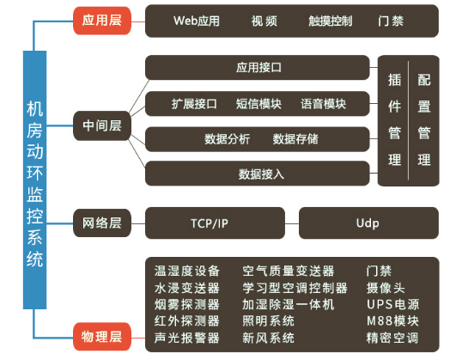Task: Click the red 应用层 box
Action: tap(102, 21)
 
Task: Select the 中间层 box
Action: tap(102, 125)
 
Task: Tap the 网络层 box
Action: tap(102, 223)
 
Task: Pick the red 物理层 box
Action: tap(102, 337)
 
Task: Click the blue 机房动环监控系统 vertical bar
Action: tap(34, 180)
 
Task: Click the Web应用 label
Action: tap(197, 21)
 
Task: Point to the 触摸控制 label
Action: tap(331, 21)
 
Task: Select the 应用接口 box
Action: tap(258, 68)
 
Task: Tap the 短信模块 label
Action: tap(258, 104)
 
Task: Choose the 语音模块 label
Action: tap(324, 104)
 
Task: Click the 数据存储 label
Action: tap(295, 139)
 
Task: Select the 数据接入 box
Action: tap(258, 174)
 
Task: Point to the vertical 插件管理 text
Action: tap(395, 120)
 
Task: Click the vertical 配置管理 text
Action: tap(424, 120)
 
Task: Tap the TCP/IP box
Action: tap(216, 223)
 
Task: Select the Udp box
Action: tap(368, 223)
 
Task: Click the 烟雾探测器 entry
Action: tap(187, 305)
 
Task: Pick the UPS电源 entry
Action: tap(392, 305)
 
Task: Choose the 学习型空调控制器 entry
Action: tap(295, 288)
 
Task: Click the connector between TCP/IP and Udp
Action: tap(292, 223)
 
